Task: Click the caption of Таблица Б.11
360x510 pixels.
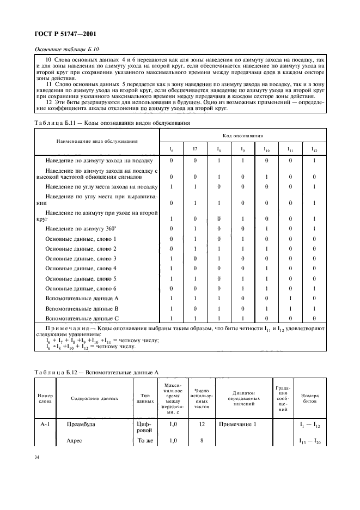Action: (112, 123)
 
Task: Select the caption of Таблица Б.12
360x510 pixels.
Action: (96, 372)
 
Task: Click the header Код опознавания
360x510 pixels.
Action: (242, 134)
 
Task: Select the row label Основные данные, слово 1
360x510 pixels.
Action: (81, 239)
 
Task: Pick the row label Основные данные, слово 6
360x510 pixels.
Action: (81, 288)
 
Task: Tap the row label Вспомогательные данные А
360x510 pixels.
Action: (82, 298)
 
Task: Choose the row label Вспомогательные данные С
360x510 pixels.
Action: (82, 318)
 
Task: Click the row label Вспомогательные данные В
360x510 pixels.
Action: (82, 308)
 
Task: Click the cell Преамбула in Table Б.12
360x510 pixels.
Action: (80, 423)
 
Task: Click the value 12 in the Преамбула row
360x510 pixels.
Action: (202, 423)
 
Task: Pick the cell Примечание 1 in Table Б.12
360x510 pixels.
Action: (237, 423)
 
